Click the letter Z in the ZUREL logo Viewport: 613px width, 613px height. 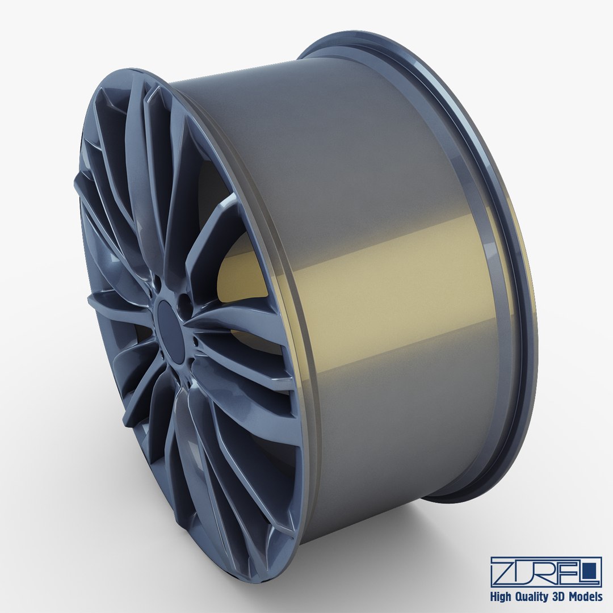coord(504,572)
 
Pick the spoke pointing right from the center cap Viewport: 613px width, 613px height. coord(238,326)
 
